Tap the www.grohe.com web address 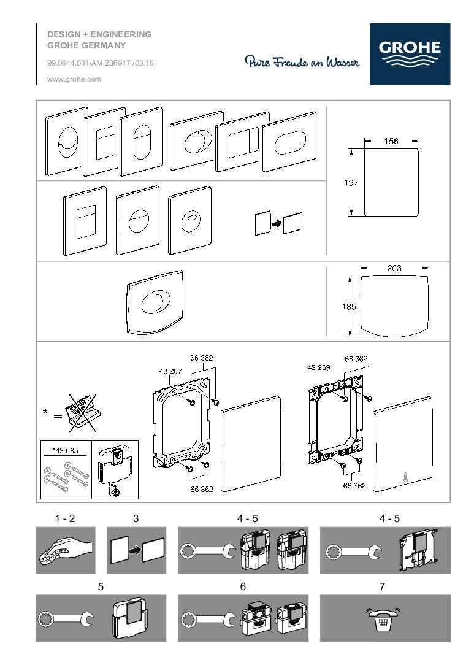click(74, 79)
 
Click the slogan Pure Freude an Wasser click(302, 61)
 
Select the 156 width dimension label click(391, 141)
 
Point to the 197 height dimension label click(351, 182)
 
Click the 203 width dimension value click(394, 267)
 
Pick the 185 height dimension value click(350, 307)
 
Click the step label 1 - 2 click(64, 518)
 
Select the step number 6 click(243, 586)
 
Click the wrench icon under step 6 click(208, 618)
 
